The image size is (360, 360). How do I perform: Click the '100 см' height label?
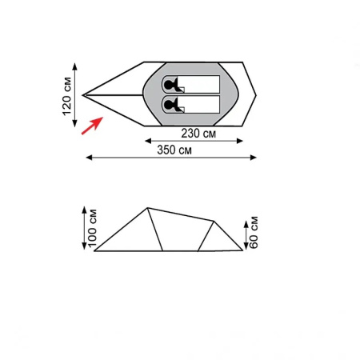click(91, 227)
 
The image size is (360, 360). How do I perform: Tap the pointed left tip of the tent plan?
click(83, 94)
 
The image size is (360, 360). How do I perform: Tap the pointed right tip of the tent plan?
click(258, 94)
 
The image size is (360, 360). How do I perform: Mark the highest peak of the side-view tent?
click(147, 208)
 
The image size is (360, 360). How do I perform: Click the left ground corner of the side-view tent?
click(95, 250)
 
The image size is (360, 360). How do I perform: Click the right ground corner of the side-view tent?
click(242, 250)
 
